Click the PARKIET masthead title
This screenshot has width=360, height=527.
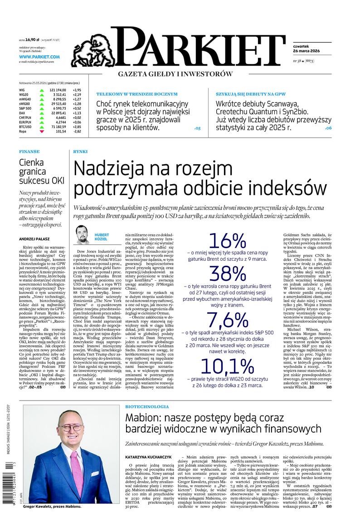(199, 48)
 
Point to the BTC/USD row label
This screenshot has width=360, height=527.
(25, 127)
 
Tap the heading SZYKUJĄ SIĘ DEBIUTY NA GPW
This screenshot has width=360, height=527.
(253, 94)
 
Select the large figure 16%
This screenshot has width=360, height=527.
(227, 241)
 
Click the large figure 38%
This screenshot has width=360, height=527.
(227, 274)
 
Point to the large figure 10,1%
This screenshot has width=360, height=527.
(227, 366)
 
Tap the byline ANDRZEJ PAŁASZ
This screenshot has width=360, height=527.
(34, 239)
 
